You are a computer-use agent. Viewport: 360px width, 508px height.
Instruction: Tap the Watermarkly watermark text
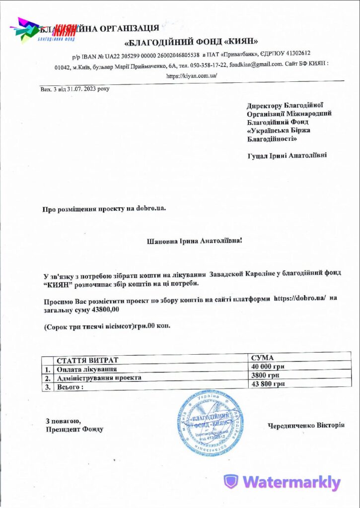click(282, 482)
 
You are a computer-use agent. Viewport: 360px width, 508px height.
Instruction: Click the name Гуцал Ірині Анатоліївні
click(287, 155)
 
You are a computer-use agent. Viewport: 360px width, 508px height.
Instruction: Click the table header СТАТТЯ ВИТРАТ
click(87, 361)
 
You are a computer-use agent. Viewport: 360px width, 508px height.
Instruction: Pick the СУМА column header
click(263, 358)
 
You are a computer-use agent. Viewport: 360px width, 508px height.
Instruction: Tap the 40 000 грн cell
click(268, 367)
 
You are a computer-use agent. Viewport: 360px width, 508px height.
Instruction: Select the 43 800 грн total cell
click(268, 384)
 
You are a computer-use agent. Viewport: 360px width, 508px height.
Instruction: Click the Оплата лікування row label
click(87, 370)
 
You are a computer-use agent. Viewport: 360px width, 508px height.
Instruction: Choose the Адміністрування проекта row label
click(99, 378)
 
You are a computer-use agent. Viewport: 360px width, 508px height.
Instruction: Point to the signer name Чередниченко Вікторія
click(306, 425)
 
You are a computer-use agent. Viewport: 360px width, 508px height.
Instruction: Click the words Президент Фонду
click(74, 429)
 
